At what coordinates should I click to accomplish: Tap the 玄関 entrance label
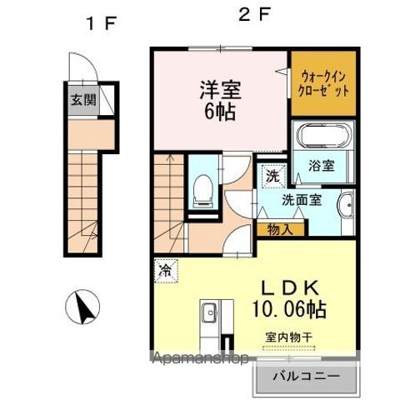pyautogui.click(x=82, y=101)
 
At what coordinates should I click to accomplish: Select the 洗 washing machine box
pyautogui.click(x=272, y=176)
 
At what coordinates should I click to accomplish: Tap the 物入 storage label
pyautogui.click(x=280, y=229)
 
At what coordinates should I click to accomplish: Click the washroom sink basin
pyautogui.click(x=345, y=203)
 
